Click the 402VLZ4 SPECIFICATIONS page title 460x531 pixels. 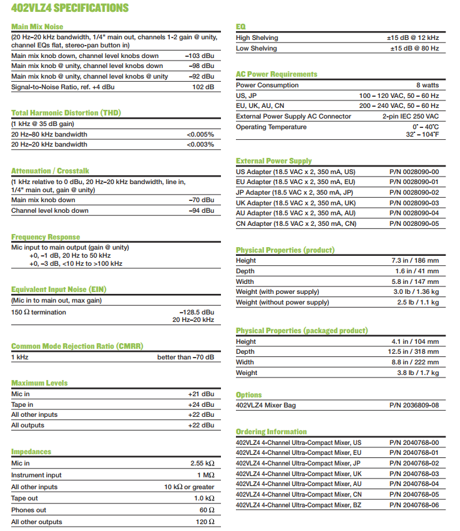click(70, 8)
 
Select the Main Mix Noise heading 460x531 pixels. click(37, 27)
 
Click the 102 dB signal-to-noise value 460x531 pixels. click(203, 87)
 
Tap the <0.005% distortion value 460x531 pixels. click(200, 134)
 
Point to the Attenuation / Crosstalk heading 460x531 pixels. click(50, 170)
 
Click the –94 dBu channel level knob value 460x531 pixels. click(201, 210)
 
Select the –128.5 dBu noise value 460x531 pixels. click(197, 311)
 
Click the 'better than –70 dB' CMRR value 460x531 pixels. click(185, 357)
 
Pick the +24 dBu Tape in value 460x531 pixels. click(201, 404)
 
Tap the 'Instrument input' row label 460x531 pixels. click(36, 475)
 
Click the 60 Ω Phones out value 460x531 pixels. click(205, 510)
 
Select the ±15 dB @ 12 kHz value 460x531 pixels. click(413, 37)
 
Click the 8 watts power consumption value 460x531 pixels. click(428, 85)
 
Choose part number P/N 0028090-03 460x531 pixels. click(414, 203)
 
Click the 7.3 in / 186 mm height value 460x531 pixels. click(415, 260)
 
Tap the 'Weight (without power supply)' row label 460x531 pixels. click(282, 302)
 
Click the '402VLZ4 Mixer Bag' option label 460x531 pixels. click(266, 405)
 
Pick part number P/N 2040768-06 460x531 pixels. click(414, 505)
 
